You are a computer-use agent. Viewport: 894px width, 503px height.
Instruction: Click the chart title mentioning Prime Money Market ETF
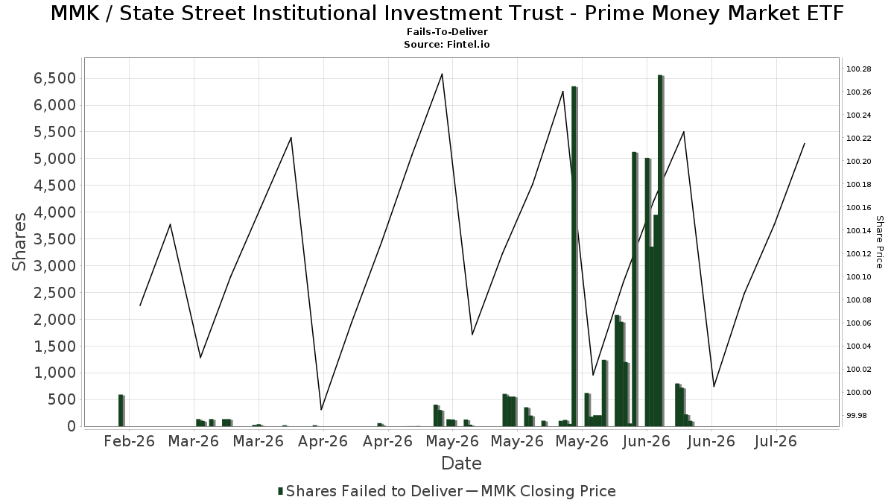[x=447, y=13]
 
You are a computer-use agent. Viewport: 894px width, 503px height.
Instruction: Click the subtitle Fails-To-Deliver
[x=447, y=31]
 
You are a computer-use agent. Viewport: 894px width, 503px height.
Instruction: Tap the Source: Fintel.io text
[x=447, y=44]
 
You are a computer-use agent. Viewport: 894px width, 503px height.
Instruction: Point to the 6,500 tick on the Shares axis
[x=54, y=78]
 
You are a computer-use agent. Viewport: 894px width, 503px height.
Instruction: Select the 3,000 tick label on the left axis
[x=54, y=266]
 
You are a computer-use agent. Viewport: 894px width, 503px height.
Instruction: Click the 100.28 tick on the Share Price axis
[x=859, y=69]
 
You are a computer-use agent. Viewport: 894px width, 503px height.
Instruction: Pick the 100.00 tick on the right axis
[x=859, y=393]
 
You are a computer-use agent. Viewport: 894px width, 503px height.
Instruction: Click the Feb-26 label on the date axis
[x=130, y=441]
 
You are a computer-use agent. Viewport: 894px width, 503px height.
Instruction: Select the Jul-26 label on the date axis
[x=776, y=441]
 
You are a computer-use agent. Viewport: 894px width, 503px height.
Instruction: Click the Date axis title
[x=461, y=464]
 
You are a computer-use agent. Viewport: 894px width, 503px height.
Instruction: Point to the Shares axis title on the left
[x=19, y=242]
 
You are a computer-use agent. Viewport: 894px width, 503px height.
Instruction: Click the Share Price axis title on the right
[x=879, y=242]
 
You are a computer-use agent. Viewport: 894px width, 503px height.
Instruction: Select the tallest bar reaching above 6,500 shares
[x=661, y=250]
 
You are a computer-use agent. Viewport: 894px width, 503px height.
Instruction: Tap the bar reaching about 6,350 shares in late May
[x=574, y=256]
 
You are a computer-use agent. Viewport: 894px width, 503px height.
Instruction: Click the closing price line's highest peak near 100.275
[x=442, y=74]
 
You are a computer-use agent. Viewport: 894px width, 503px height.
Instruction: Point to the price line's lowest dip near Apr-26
[x=321, y=410]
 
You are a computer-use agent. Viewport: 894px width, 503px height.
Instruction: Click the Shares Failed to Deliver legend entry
[x=370, y=491]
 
